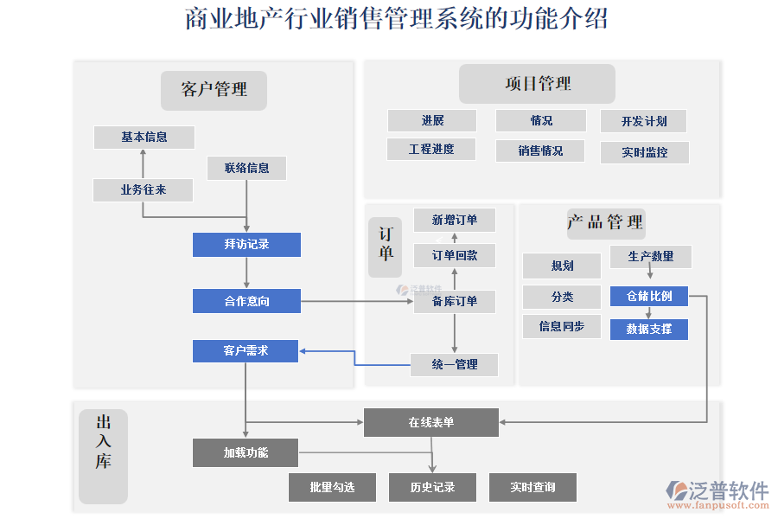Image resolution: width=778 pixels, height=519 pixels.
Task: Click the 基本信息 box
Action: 144,137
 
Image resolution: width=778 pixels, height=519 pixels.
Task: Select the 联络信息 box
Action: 246,168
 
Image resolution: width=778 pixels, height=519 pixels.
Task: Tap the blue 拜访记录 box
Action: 246,245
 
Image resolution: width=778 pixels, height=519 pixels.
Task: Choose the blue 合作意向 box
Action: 246,301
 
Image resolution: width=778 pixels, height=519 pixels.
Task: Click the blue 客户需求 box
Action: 246,350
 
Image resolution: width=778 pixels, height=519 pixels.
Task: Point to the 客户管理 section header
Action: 214,90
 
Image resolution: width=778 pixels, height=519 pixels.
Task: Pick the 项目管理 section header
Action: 537,84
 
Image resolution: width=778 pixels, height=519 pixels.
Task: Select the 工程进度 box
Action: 431,149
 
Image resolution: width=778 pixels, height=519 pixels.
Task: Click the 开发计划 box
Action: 644,121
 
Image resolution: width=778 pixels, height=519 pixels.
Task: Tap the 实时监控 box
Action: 644,152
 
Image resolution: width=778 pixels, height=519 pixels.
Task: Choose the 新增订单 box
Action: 455,221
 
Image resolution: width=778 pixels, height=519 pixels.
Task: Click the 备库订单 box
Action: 455,301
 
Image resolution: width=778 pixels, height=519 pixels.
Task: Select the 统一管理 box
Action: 455,364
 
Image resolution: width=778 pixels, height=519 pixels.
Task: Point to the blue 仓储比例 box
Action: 649,296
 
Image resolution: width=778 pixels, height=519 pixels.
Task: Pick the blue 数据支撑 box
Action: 649,329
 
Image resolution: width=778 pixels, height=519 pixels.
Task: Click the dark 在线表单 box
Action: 430,422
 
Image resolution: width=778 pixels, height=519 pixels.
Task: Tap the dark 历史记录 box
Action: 432,487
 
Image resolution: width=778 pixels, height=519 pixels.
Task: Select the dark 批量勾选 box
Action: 332,487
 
